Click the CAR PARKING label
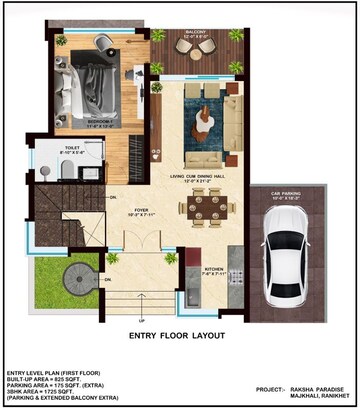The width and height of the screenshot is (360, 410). (286, 198)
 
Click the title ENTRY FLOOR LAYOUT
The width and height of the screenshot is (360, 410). (181, 335)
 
